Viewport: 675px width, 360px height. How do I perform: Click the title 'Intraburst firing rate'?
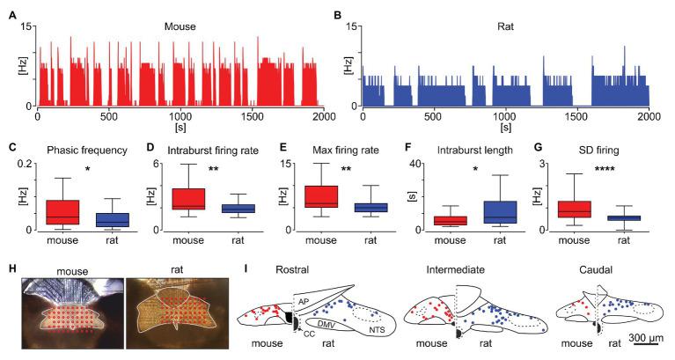coord(209,150)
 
